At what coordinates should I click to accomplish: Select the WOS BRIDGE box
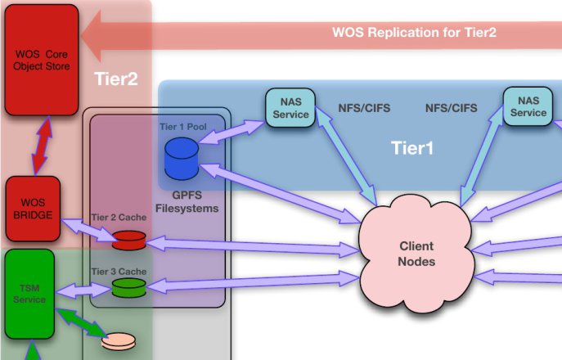33,209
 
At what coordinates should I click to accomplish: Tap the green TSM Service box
29,294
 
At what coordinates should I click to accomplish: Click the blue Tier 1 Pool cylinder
182,158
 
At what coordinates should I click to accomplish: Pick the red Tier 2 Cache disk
128,240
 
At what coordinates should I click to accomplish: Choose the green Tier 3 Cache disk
128,287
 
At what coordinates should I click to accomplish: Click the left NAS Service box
290,108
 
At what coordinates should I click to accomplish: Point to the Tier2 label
115,79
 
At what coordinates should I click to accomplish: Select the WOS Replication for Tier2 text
414,33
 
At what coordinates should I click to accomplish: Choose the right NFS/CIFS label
452,107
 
